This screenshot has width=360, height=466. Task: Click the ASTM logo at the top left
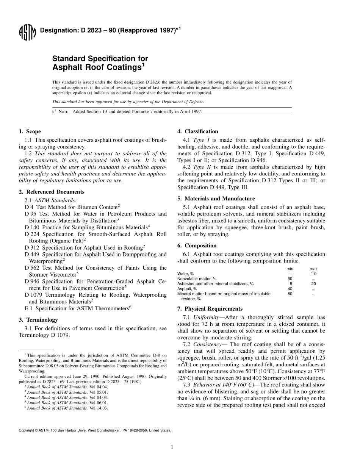coord(27,33)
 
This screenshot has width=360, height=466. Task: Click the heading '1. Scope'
coord(30,131)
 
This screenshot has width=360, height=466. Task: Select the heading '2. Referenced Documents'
coord(52,192)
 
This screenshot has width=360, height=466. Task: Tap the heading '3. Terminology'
coord(38,319)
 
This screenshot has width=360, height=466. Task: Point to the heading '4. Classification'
coord(198,131)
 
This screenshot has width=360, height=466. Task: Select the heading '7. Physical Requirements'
coord(210,309)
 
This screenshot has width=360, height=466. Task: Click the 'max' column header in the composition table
coord(313,269)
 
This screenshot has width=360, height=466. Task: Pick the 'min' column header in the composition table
coord(290,269)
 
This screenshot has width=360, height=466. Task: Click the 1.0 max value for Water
coord(313,274)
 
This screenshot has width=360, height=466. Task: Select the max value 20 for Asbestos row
coord(313,283)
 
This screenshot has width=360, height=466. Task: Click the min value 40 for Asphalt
coord(290,289)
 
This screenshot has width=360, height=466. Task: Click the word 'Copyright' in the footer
coord(28,430)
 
